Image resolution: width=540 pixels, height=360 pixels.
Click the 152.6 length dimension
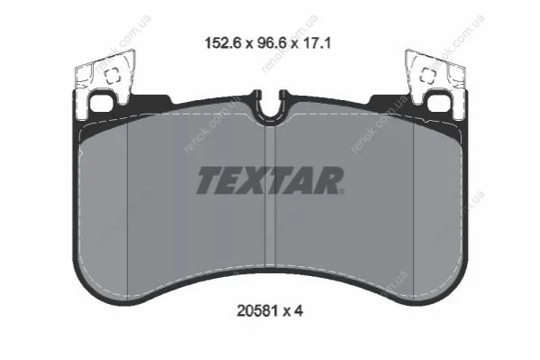pos(223,43)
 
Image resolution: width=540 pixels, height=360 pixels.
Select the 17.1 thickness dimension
pos(316,43)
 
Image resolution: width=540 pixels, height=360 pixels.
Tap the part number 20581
pos(257,311)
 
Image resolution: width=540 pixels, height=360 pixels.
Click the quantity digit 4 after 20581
pos(298,311)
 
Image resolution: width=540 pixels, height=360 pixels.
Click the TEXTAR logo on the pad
pos(270,180)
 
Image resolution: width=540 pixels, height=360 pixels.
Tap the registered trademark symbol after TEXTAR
pos(342,191)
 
